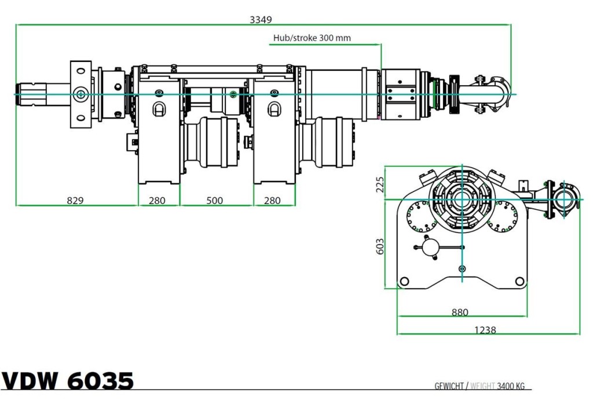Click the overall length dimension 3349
click(261, 19)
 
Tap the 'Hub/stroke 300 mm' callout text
click(312, 38)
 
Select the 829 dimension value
click(75, 200)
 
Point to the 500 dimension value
click(214, 200)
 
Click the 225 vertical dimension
click(380, 184)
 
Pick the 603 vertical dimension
click(380, 246)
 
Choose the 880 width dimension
click(460, 312)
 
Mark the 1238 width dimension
click(485, 330)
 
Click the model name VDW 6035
click(68, 380)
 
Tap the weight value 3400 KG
click(511, 386)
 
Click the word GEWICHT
click(449, 386)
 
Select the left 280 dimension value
click(157, 200)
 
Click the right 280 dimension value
click(272, 200)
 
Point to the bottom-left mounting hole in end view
click(404, 281)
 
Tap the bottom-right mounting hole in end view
click(519, 281)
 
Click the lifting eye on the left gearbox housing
click(159, 108)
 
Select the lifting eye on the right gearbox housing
click(274, 108)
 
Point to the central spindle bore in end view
click(462, 198)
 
